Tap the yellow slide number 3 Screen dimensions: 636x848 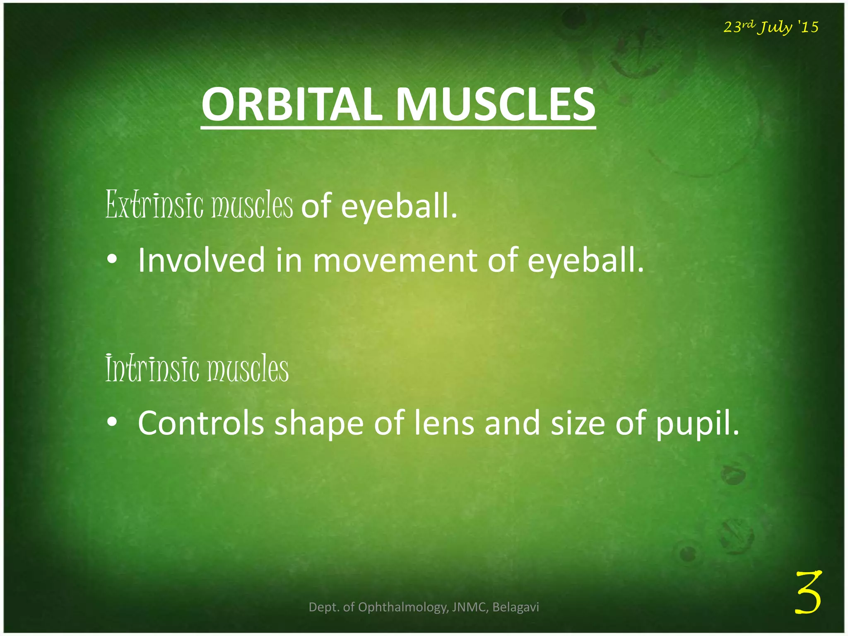point(808,592)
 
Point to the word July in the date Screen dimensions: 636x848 point(774,27)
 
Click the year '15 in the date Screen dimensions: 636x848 point(808,27)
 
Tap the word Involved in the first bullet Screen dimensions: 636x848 point(201,260)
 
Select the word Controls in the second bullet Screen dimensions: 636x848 point(201,423)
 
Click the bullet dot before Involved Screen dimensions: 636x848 point(111,260)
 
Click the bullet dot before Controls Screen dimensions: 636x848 point(111,423)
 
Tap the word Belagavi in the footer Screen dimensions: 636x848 point(516,607)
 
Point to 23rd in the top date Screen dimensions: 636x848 point(740,26)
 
